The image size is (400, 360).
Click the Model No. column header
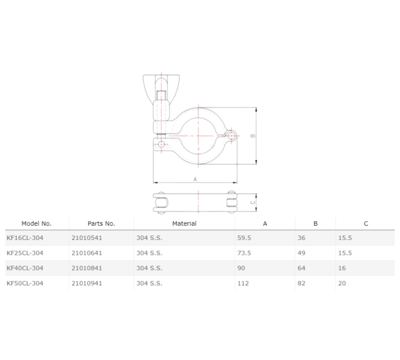tap(37, 223)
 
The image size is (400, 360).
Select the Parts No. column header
tap(101, 223)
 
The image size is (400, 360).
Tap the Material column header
tap(184, 223)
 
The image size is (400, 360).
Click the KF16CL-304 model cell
tap(25, 238)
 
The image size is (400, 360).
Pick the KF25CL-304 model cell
tap(25, 253)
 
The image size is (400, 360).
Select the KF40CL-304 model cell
tap(25, 267)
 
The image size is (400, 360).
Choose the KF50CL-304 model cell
tap(25, 283)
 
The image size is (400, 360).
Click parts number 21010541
tap(87, 238)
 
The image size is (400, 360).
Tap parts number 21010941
tap(87, 283)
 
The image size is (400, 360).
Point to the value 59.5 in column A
tap(243, 238)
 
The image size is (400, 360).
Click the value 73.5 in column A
tap(243, 253)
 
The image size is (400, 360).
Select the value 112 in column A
tap(242, 283)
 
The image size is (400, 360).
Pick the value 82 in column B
tap(302, 283)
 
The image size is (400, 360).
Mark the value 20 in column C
tap(342, 283)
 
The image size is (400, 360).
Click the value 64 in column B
tap(302, 267)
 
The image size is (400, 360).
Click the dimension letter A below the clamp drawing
tap(195, 179)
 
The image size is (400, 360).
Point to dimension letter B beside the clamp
tap(252, 136)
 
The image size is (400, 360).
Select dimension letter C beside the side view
tap(253, 201)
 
